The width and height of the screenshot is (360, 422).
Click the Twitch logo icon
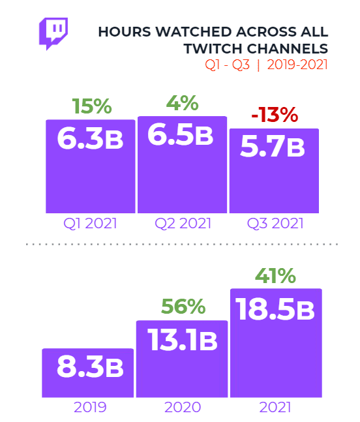pos(54,33)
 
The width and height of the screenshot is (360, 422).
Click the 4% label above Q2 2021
pos(182,104)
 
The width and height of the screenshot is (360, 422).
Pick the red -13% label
pos(275,115)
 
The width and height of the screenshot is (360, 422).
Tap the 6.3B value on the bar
pos(91,139)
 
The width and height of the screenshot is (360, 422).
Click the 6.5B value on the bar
pos(181,136)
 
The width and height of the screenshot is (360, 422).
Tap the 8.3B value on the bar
pos(89,367)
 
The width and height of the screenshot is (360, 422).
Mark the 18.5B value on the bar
pos(275,309)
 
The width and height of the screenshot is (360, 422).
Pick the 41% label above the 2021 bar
pos(274,276)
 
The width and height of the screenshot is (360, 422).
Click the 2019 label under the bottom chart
pos(89,408)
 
